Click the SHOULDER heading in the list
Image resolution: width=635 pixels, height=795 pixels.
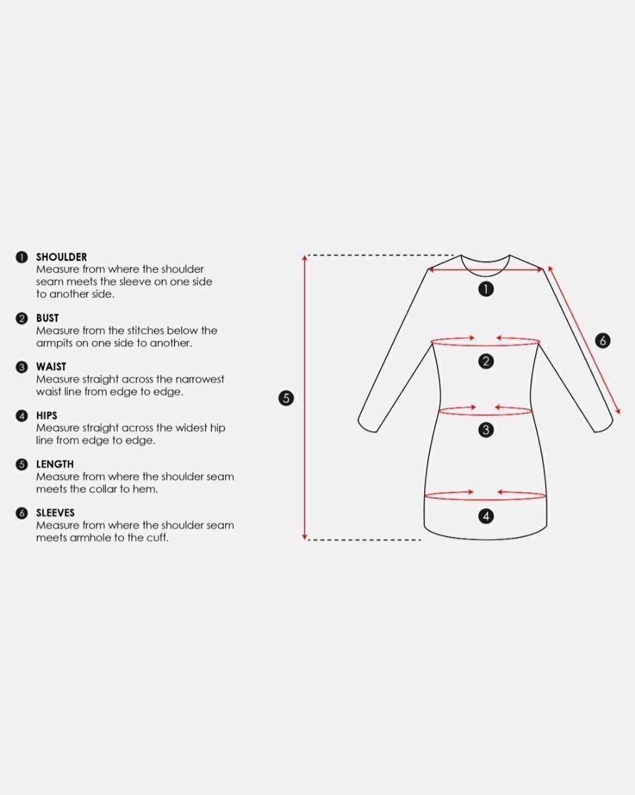tap(61, 257)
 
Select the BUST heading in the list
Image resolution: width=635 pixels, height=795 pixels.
tap(47, 318)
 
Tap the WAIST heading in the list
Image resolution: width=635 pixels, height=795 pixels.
tap(51, 367)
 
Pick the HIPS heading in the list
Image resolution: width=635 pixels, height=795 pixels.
tap(47, 416)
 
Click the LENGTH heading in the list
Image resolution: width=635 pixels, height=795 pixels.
tap(55, 464)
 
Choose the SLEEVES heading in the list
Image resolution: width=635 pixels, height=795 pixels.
tap(55, 513)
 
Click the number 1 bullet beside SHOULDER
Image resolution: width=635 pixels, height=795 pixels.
tap(22, 257)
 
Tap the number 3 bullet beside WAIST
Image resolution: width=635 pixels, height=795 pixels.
tap(22, 367)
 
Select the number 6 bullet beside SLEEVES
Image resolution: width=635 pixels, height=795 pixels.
tap(22, 513)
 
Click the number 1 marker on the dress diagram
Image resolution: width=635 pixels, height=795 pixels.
tap(486, 289)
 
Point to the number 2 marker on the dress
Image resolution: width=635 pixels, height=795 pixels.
tap(486, 361)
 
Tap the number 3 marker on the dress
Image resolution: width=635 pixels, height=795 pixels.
tap(486, 430)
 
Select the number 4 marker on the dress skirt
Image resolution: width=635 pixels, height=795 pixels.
tap(486, 516)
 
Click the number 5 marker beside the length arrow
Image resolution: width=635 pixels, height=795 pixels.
tap(286, 398)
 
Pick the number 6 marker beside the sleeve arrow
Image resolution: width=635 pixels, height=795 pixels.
tap(603, 340)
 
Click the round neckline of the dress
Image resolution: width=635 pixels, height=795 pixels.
tap(486, 276)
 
